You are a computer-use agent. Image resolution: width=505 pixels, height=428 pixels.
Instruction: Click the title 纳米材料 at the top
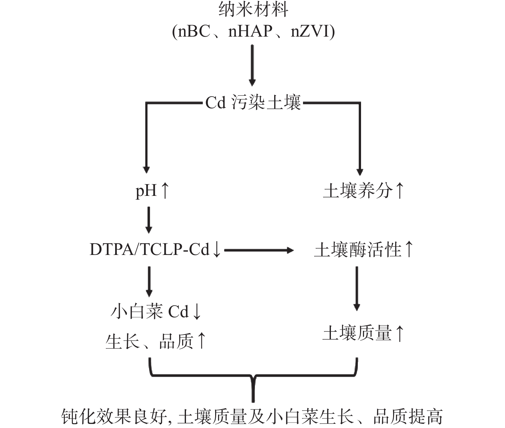click(253, 9)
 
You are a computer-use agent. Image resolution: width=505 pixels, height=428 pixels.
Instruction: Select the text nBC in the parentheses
click(194, 31)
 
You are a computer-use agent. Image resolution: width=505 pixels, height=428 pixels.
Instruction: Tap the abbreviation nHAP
click(250, 31)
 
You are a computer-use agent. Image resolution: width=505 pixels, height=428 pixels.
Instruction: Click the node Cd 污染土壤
click(253, 102)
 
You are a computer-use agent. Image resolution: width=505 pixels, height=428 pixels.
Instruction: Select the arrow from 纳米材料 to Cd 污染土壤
click(252, 65)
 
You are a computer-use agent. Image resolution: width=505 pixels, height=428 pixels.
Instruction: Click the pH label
click(146, 191)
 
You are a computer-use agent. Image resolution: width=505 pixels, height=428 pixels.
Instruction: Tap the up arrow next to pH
click(165, 191)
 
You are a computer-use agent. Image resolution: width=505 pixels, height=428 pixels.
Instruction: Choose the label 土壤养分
click(358, 191)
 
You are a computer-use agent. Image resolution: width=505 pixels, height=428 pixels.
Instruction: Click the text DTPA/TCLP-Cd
click(149, 250)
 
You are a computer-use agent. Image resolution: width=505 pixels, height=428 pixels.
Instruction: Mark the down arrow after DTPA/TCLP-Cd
click(217, 250)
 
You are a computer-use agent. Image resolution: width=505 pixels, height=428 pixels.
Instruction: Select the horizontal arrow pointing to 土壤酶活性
click(259, 250)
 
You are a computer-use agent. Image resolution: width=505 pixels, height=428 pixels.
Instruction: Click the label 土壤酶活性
click(358, 250)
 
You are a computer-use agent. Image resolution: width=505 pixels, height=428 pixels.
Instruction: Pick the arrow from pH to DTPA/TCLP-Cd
click(149, 220)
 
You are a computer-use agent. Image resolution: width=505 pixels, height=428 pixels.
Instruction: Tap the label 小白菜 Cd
click(150, 312)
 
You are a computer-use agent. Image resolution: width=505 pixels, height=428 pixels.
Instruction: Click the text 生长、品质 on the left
click(149, 341)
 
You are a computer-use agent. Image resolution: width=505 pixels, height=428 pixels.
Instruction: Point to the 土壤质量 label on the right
click(358, 333)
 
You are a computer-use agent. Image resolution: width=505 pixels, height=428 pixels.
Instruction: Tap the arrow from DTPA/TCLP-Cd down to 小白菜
click(149, 282)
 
